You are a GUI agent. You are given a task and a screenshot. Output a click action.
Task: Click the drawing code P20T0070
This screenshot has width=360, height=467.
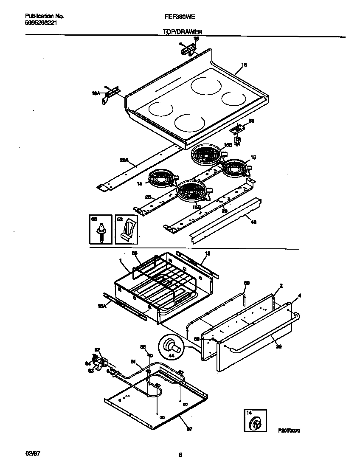point(290,430)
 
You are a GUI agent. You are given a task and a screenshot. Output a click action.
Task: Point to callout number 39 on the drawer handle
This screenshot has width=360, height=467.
point(279,346)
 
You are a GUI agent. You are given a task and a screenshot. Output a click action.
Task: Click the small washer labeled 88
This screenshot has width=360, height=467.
point(149,353)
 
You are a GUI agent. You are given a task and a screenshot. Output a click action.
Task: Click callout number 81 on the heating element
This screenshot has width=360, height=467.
point(132,362)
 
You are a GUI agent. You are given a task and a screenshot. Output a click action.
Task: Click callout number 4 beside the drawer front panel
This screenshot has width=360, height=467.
point(300,295)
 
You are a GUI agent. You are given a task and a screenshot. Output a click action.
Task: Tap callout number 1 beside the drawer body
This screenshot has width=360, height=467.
point(121,260)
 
